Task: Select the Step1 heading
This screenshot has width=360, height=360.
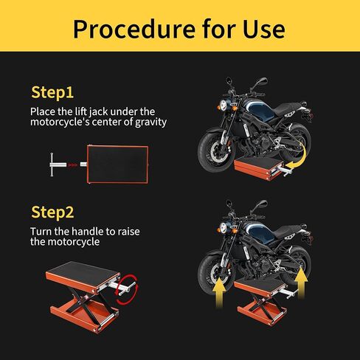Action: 52,93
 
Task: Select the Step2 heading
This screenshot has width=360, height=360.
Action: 52,212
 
